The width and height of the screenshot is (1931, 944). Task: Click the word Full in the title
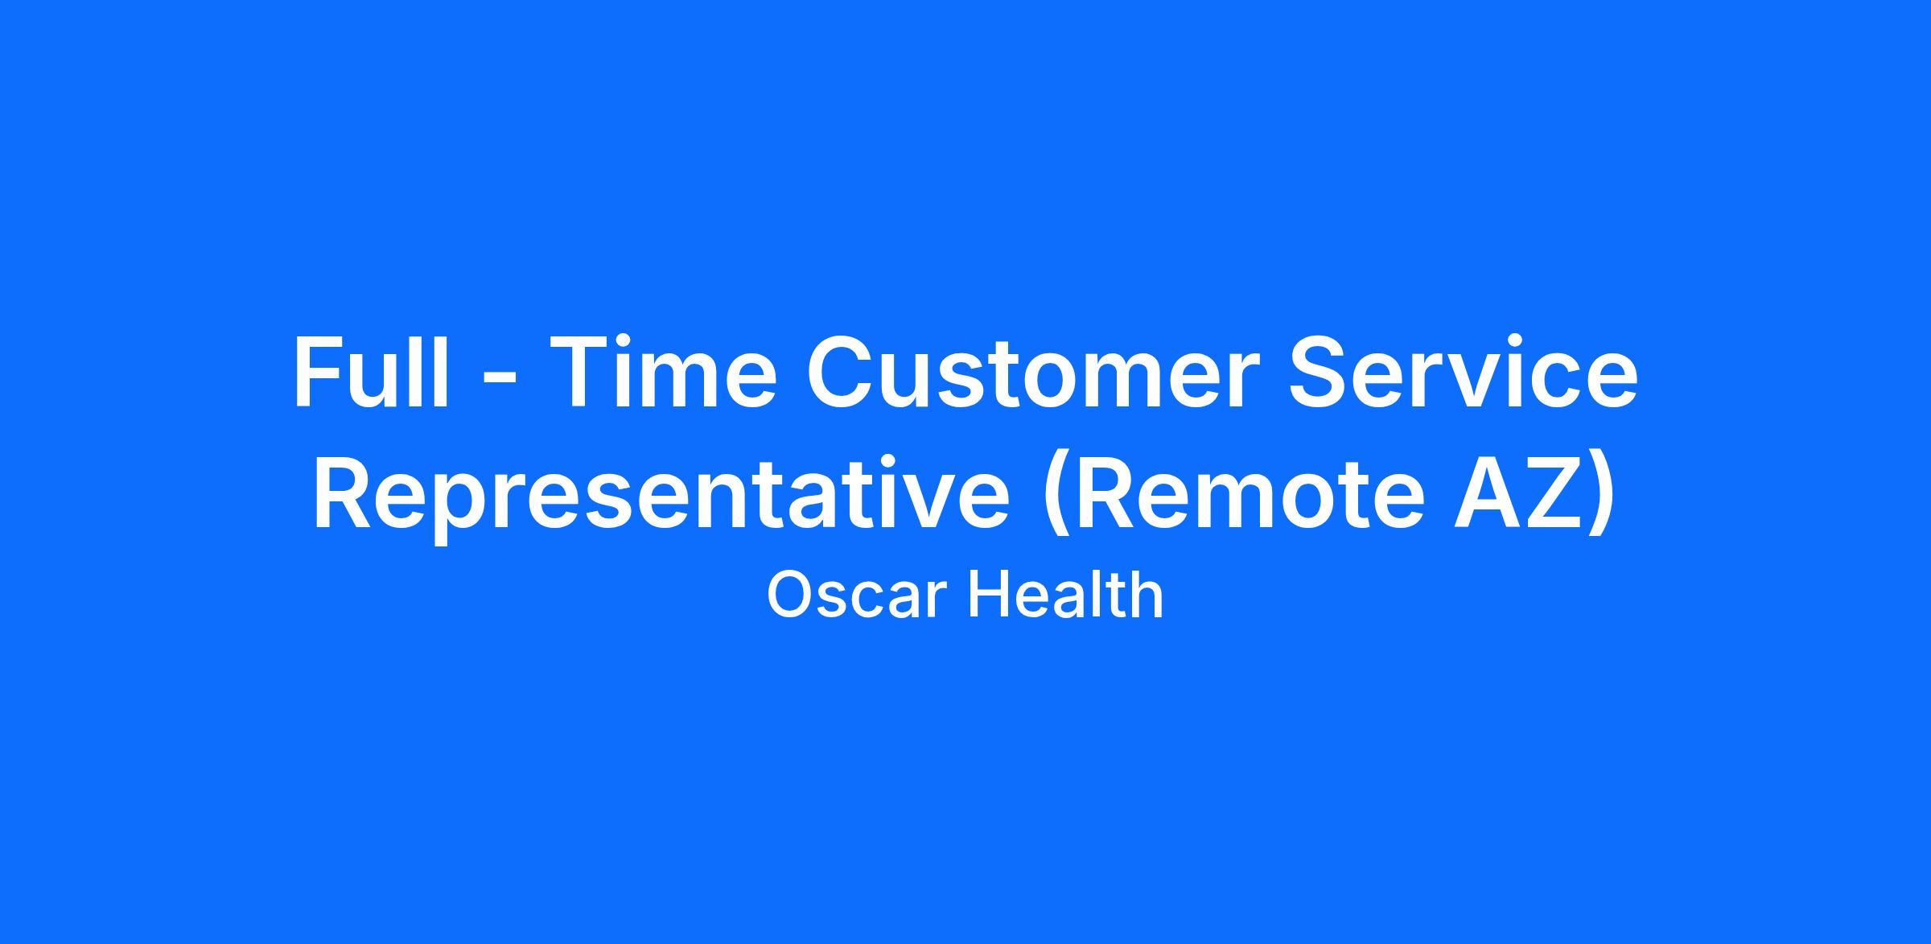click(x=371, y=372)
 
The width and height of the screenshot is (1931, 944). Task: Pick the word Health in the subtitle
click(x=1065, y=594)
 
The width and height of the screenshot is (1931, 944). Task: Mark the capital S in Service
click(x=1320, y=372)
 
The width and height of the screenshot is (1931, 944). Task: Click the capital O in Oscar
click(x=790, y=595)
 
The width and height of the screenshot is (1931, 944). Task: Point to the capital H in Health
click(x=988, y=595)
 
